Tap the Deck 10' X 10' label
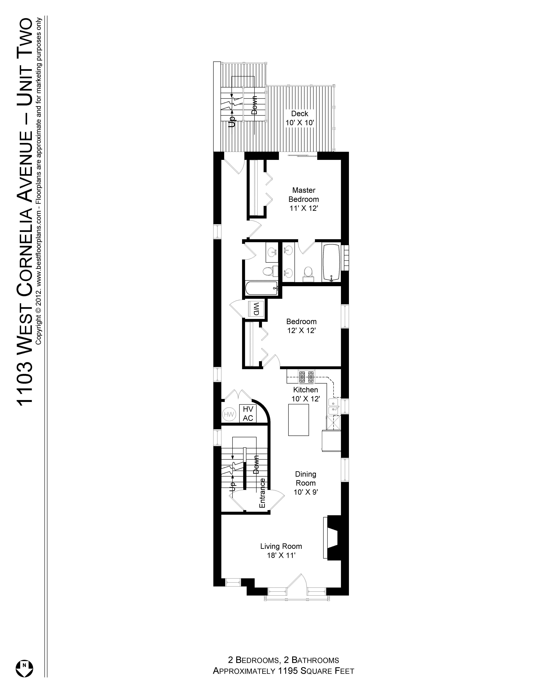click(x=300, y=118)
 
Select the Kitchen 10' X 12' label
click(x=305, y=394)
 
